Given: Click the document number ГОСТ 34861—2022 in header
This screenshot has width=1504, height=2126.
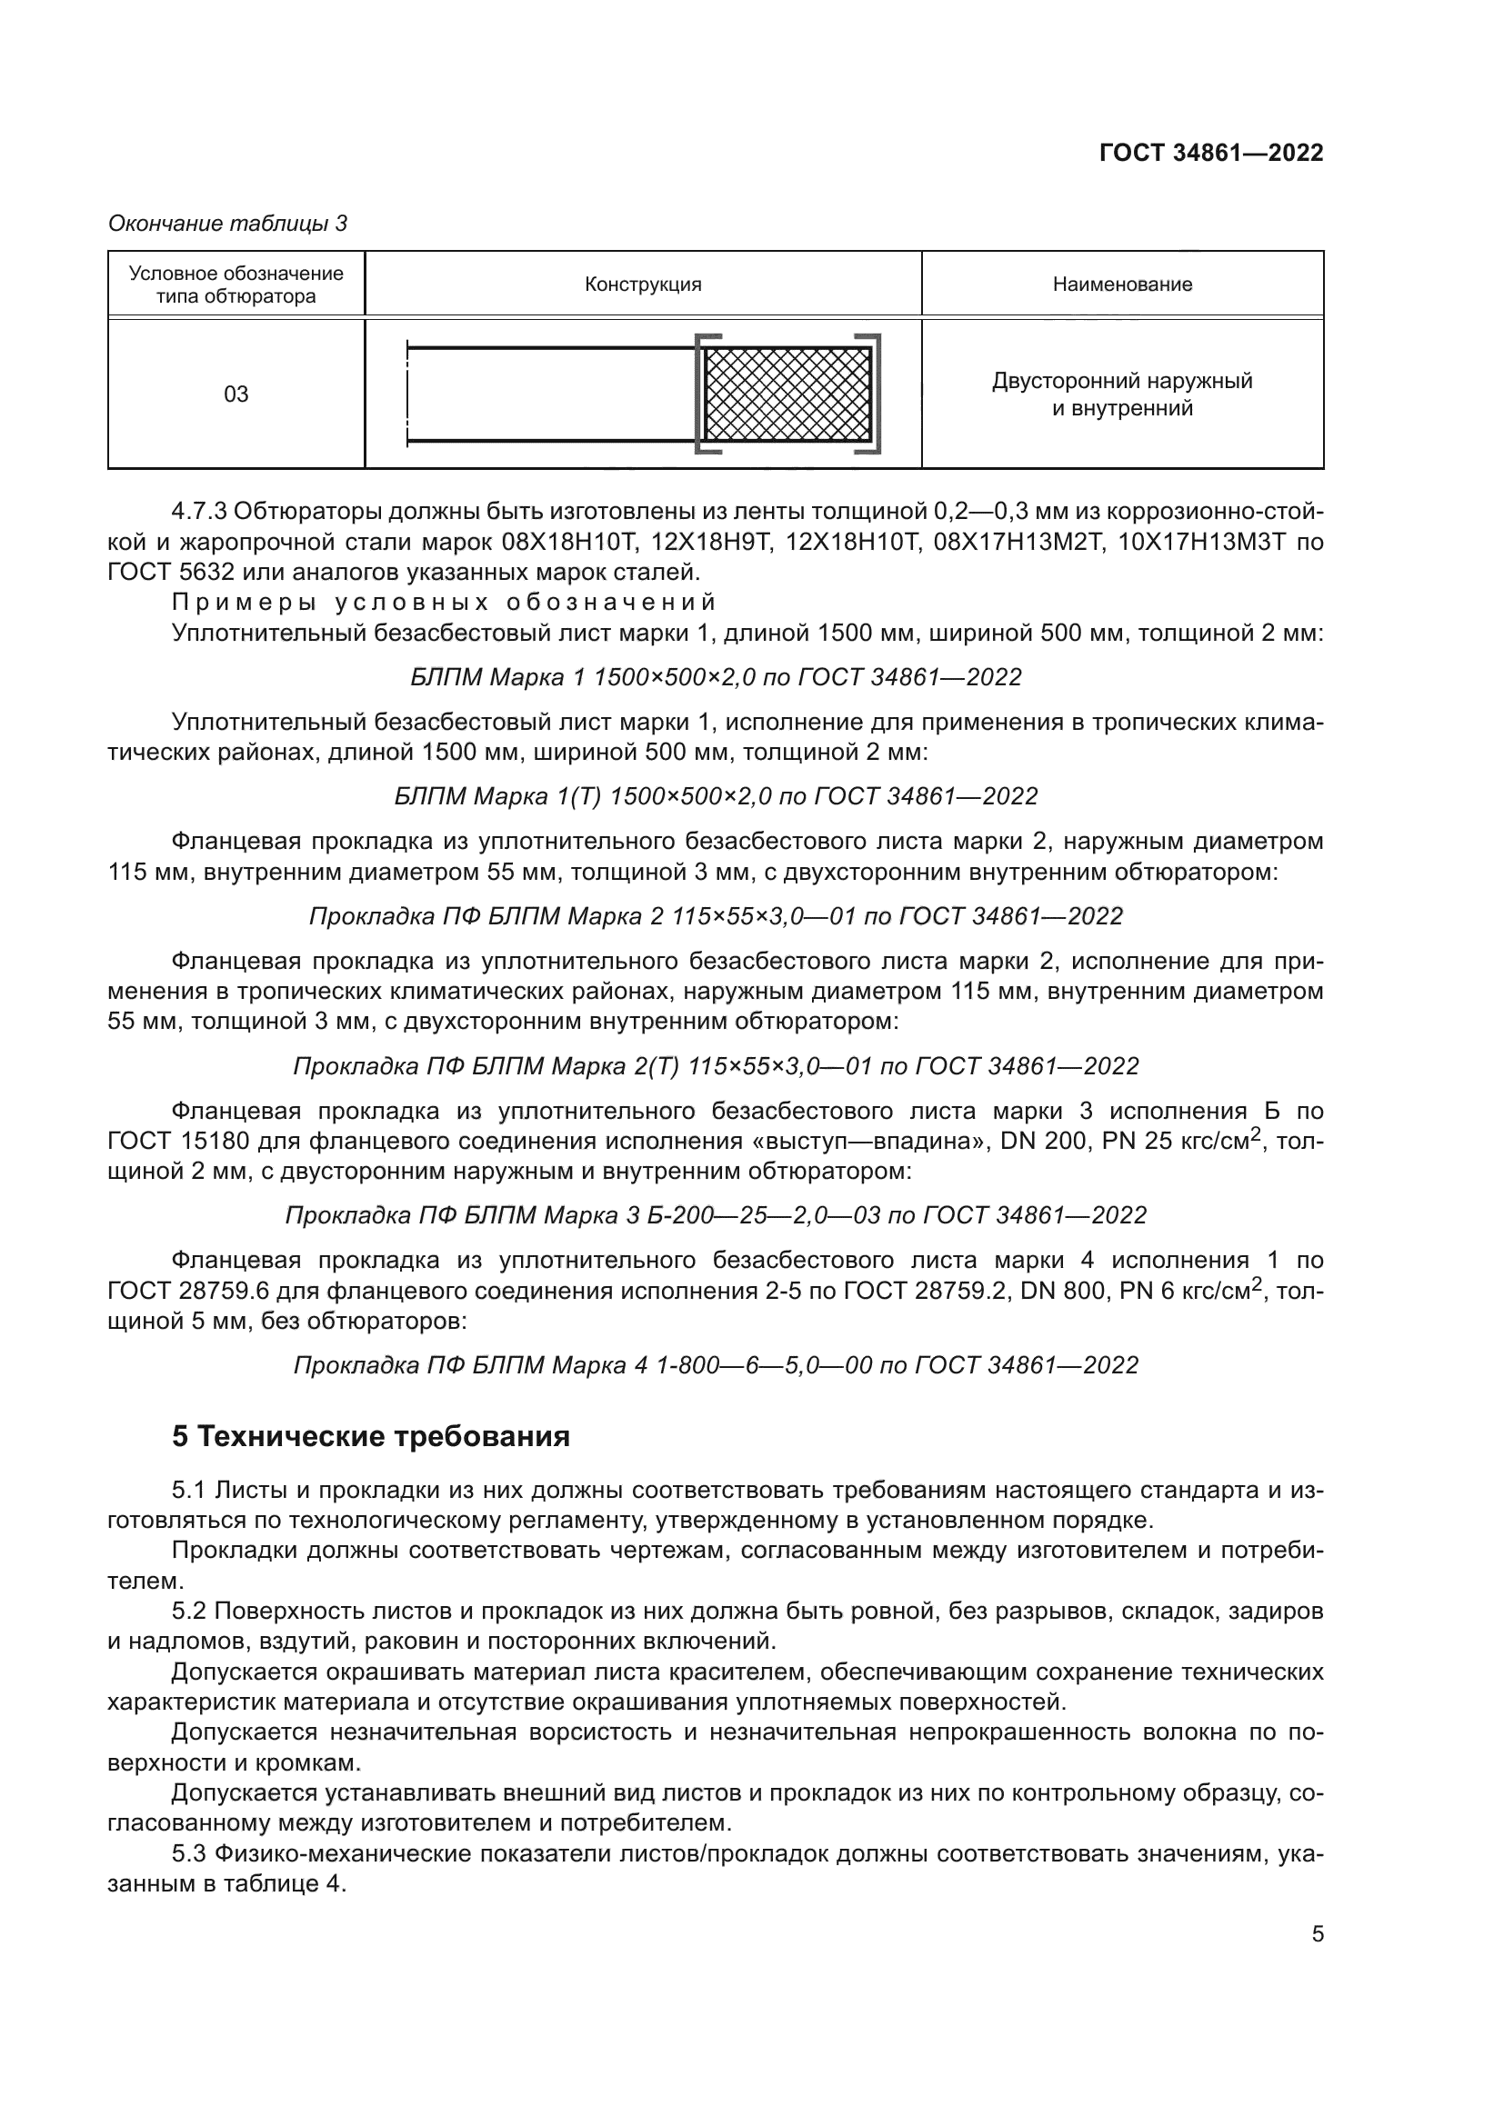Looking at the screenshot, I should coord(1210,154).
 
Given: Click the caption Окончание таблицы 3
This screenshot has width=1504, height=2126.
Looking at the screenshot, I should coord(228,224).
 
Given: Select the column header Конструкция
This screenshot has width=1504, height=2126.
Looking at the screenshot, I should coord(643,284).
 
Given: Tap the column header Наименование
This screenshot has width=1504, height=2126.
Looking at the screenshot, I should coord(1121,284).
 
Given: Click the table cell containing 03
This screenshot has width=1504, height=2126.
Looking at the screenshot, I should coord(236,394).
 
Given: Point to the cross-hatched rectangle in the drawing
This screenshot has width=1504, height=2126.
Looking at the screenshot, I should coord(787,394).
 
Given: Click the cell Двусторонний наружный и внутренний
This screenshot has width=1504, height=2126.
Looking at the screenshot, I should coord(1121,394).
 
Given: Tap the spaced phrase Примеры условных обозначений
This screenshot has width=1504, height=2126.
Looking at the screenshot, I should coord(445,603).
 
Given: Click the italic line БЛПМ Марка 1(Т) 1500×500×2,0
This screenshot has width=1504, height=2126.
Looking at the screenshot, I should coord(715,796).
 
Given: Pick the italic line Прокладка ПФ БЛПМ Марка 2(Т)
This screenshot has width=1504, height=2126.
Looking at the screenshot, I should coord(715,1066).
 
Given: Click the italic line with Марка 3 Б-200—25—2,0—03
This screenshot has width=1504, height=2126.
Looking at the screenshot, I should coord(715,1215).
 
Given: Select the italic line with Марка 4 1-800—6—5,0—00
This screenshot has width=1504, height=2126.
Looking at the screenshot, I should coord(715,1365).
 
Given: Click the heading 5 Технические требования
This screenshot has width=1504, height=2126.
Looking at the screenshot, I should coord(370,1436).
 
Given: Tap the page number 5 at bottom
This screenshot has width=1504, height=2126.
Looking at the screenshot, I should coord(1317,1934).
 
